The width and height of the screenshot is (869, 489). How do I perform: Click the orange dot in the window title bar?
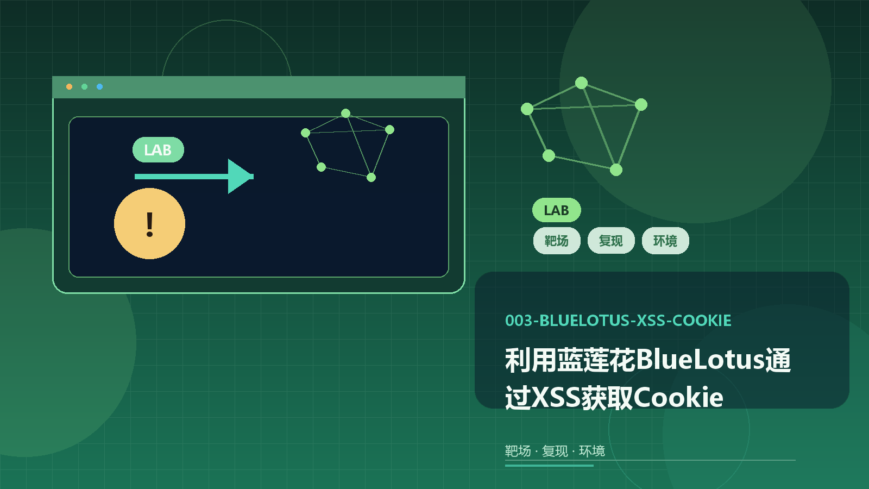[69, 86]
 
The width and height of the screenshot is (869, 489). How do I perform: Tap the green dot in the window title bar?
[84, 86]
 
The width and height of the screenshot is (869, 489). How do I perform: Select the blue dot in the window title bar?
[100, 86]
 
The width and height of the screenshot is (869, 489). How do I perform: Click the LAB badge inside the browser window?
[158, 150]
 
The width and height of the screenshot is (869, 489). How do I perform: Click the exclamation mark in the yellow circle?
[150, 224]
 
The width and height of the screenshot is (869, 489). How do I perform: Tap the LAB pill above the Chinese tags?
[556, 210]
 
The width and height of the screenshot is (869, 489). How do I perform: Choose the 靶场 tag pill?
[557, 241]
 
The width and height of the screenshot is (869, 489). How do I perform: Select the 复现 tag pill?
[611, 241]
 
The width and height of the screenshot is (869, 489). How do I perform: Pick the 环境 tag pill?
[665, 241]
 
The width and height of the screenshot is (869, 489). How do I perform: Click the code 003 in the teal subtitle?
[519, 321]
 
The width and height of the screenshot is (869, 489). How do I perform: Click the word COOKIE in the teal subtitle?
[702, 321]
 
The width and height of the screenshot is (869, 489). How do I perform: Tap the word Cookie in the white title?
[678, 397]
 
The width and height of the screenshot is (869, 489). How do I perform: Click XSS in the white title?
[556, 397]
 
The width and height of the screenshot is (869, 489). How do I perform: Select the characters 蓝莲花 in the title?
[596, 360]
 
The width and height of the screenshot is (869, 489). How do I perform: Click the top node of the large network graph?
[581, 83]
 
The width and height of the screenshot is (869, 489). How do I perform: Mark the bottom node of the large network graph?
[616, 170]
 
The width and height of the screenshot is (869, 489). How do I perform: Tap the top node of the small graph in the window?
[345, 114]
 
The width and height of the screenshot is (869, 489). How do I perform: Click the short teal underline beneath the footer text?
[549, 465]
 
